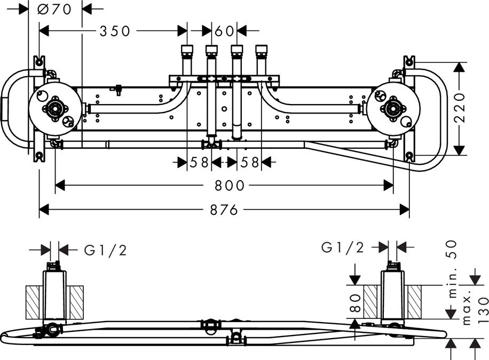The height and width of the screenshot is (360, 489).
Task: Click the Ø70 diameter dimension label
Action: pos(56,9)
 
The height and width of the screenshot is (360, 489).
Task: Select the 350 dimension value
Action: pos(115,31)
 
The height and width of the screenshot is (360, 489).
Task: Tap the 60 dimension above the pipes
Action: pos(225,31)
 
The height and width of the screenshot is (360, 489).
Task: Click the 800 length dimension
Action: pos(230,186)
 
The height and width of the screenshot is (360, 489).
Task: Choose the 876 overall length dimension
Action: pos(223,210)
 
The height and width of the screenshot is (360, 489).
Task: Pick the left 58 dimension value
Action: pos(199,162)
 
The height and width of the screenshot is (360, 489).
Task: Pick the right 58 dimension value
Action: pos(248,162)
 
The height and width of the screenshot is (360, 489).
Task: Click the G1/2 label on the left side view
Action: pos(106,250)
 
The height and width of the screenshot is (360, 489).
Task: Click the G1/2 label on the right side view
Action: pos(343,247)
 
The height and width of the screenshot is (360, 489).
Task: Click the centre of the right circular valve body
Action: pos(393,108)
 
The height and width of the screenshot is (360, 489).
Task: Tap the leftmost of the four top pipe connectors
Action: pos(187,52)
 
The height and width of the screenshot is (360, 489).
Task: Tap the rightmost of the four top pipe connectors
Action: pos(262,52)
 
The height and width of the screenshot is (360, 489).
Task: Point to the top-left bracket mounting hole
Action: pos(39,61)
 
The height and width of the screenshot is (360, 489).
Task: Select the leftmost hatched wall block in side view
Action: pos(34,302)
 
